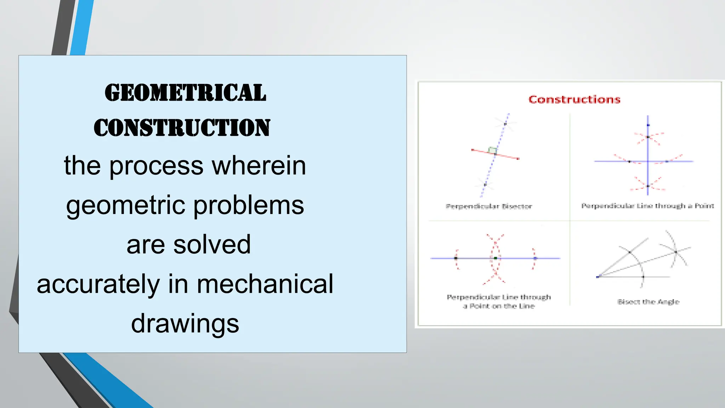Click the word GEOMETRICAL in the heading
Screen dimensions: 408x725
(185, 93)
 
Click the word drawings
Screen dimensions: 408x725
(185, 323)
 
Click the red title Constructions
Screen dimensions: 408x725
(574, 100)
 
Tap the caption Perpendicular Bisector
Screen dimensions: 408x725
(489, 206)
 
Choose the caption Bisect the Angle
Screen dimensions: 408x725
(648, 302)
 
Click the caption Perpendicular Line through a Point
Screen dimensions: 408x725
(647, 206)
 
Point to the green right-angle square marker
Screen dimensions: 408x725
(492, 150)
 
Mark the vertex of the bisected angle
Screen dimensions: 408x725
(599, 276)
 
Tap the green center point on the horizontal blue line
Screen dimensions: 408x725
(495, 259)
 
